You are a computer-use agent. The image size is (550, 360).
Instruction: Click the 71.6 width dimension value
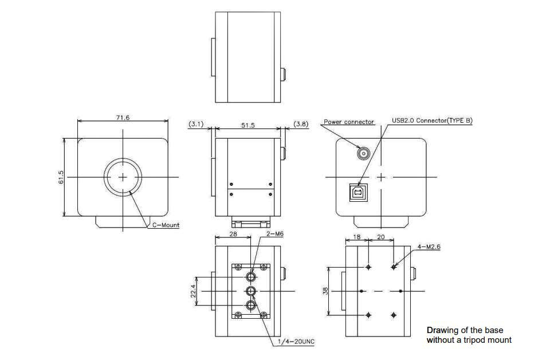point(123,118)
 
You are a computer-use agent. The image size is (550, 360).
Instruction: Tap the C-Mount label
point(166,225)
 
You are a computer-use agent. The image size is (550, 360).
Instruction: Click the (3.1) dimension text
point(196,124)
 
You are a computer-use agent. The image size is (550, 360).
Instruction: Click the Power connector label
point(349,122)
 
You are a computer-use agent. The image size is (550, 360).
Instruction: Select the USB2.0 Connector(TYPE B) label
point(432,120)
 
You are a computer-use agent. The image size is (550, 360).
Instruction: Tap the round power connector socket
point(363,153)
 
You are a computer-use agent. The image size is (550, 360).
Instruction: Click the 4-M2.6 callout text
point(429,247)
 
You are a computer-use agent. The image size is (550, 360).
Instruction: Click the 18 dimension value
point(356,236)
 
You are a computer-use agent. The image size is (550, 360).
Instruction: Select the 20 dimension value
point(382,236)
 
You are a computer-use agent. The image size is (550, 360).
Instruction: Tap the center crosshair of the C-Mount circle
point(123,177)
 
